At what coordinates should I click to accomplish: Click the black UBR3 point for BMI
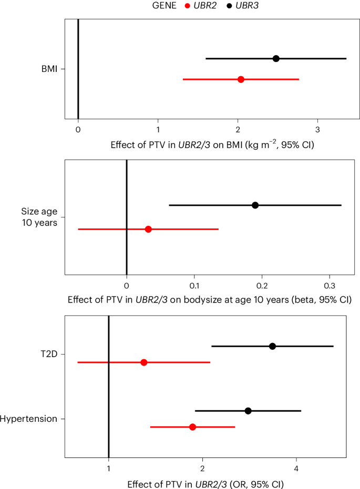coord(276,58)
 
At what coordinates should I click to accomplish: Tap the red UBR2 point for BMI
coord(241,79)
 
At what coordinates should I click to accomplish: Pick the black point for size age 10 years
coord(255,205)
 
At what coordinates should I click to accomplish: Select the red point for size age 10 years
coord(148,229)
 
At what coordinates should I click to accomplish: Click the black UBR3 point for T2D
coord(272,346)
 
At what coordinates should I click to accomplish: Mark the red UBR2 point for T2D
coord(143,362)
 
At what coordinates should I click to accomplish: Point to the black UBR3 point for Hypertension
coord(248,410)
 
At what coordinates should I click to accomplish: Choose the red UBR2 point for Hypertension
coord(192,427)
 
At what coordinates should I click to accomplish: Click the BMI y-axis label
coord(50,69)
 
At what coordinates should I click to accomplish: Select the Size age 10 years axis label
coord(39,216)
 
